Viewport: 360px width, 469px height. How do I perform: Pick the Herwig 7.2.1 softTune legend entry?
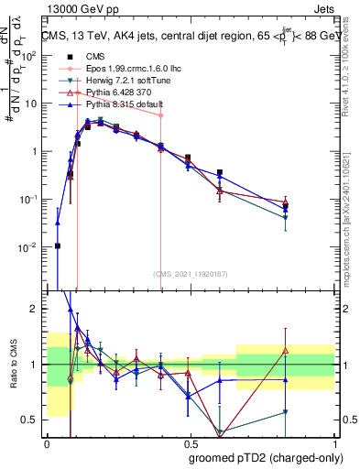click(122, 81)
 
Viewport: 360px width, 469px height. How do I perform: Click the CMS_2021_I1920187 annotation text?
click(190, 271)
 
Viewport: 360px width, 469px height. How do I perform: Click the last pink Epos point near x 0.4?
click(160, 115)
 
